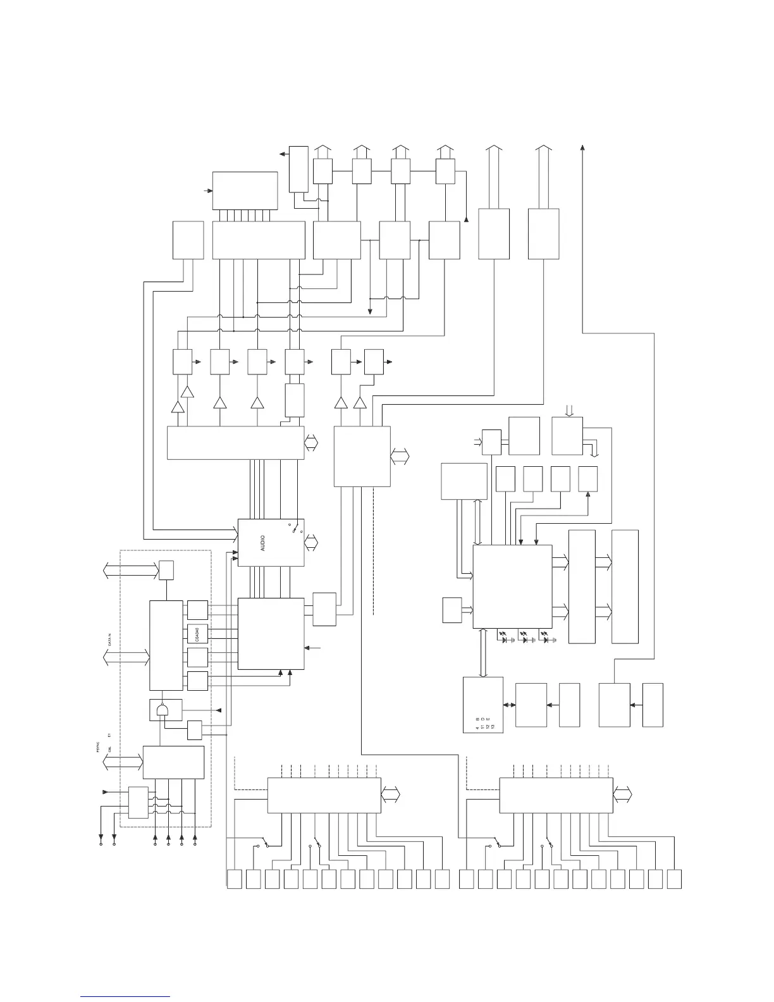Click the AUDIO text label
262,542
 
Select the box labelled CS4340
197,634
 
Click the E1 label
109,735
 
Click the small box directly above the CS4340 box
197,610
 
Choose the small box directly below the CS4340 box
197,658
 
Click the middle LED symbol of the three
524,638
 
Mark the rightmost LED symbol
545,638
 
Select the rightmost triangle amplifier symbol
360,403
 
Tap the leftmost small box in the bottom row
235,879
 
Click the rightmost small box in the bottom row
674,879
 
